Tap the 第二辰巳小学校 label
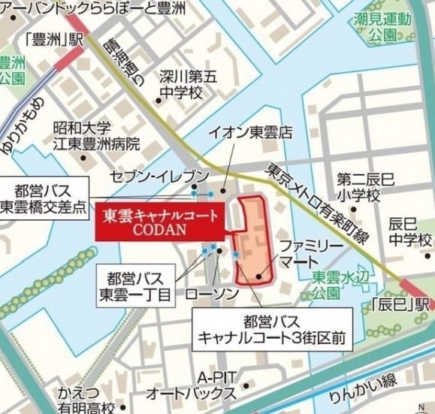(x=358, y=187)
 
